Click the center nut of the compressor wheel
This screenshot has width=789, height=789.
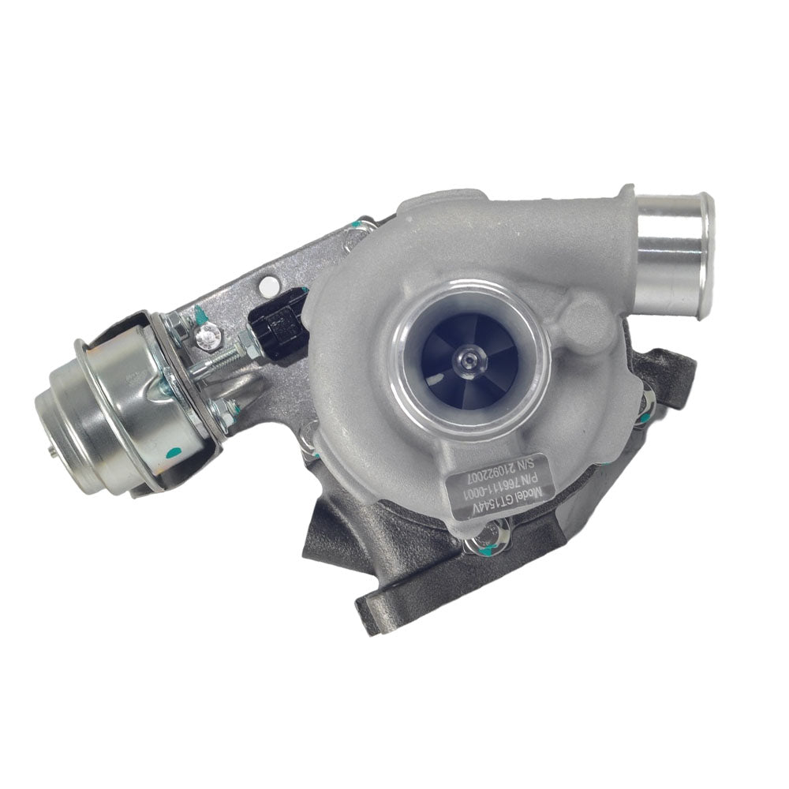pos(473,359)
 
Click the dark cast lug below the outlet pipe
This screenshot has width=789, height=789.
pos(671,371)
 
